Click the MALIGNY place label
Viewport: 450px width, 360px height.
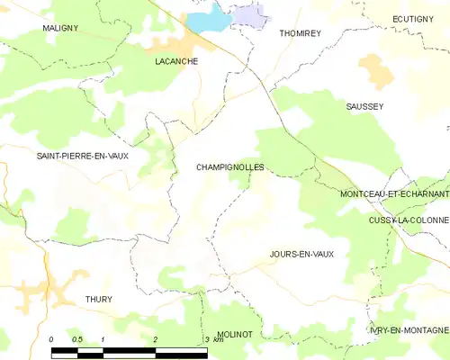tap(60, 28)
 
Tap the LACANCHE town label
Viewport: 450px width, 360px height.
tap(175, 61)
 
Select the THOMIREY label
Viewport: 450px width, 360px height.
tap(300, 32)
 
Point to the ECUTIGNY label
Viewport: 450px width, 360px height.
tap(418, 19)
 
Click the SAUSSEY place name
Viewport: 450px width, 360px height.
tap(364, 106)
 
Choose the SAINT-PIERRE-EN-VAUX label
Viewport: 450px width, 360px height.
tap(82, 156)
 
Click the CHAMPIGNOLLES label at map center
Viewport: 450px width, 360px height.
tap(229, 167)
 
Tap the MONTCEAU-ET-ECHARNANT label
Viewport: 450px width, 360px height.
tap(394, 193)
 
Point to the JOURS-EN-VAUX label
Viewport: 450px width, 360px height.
tap(301, 254)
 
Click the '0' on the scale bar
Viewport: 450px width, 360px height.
tap(52, 339)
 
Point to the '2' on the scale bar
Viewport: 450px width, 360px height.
tap(156, 339)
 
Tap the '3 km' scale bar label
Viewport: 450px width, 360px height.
tap(212, 339)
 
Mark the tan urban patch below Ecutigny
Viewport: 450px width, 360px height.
tap(373, 69)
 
